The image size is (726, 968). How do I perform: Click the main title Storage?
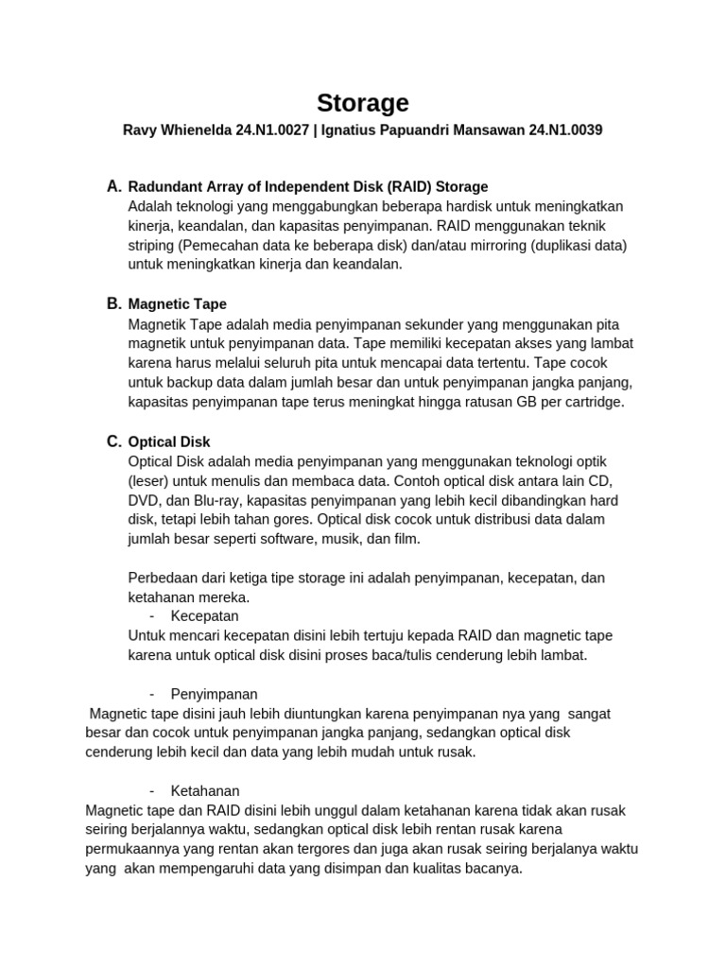[362, 102]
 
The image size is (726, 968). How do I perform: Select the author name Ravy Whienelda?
[178, 131]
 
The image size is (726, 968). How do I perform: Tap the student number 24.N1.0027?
[272, 131]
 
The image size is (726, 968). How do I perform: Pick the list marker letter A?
[114, 185]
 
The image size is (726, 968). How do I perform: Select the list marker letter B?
[114, 303]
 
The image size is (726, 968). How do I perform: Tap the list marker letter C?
[114, 441]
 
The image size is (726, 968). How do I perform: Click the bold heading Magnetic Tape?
[177, 304]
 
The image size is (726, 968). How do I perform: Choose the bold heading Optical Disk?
[169, 441]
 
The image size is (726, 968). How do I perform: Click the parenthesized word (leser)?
[148, 480]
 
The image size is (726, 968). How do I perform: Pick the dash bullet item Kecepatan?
[204, 615]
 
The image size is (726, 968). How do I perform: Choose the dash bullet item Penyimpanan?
[214, 694]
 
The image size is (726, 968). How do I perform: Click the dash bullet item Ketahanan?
[205, 790]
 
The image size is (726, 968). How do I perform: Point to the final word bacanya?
[493, 868]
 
